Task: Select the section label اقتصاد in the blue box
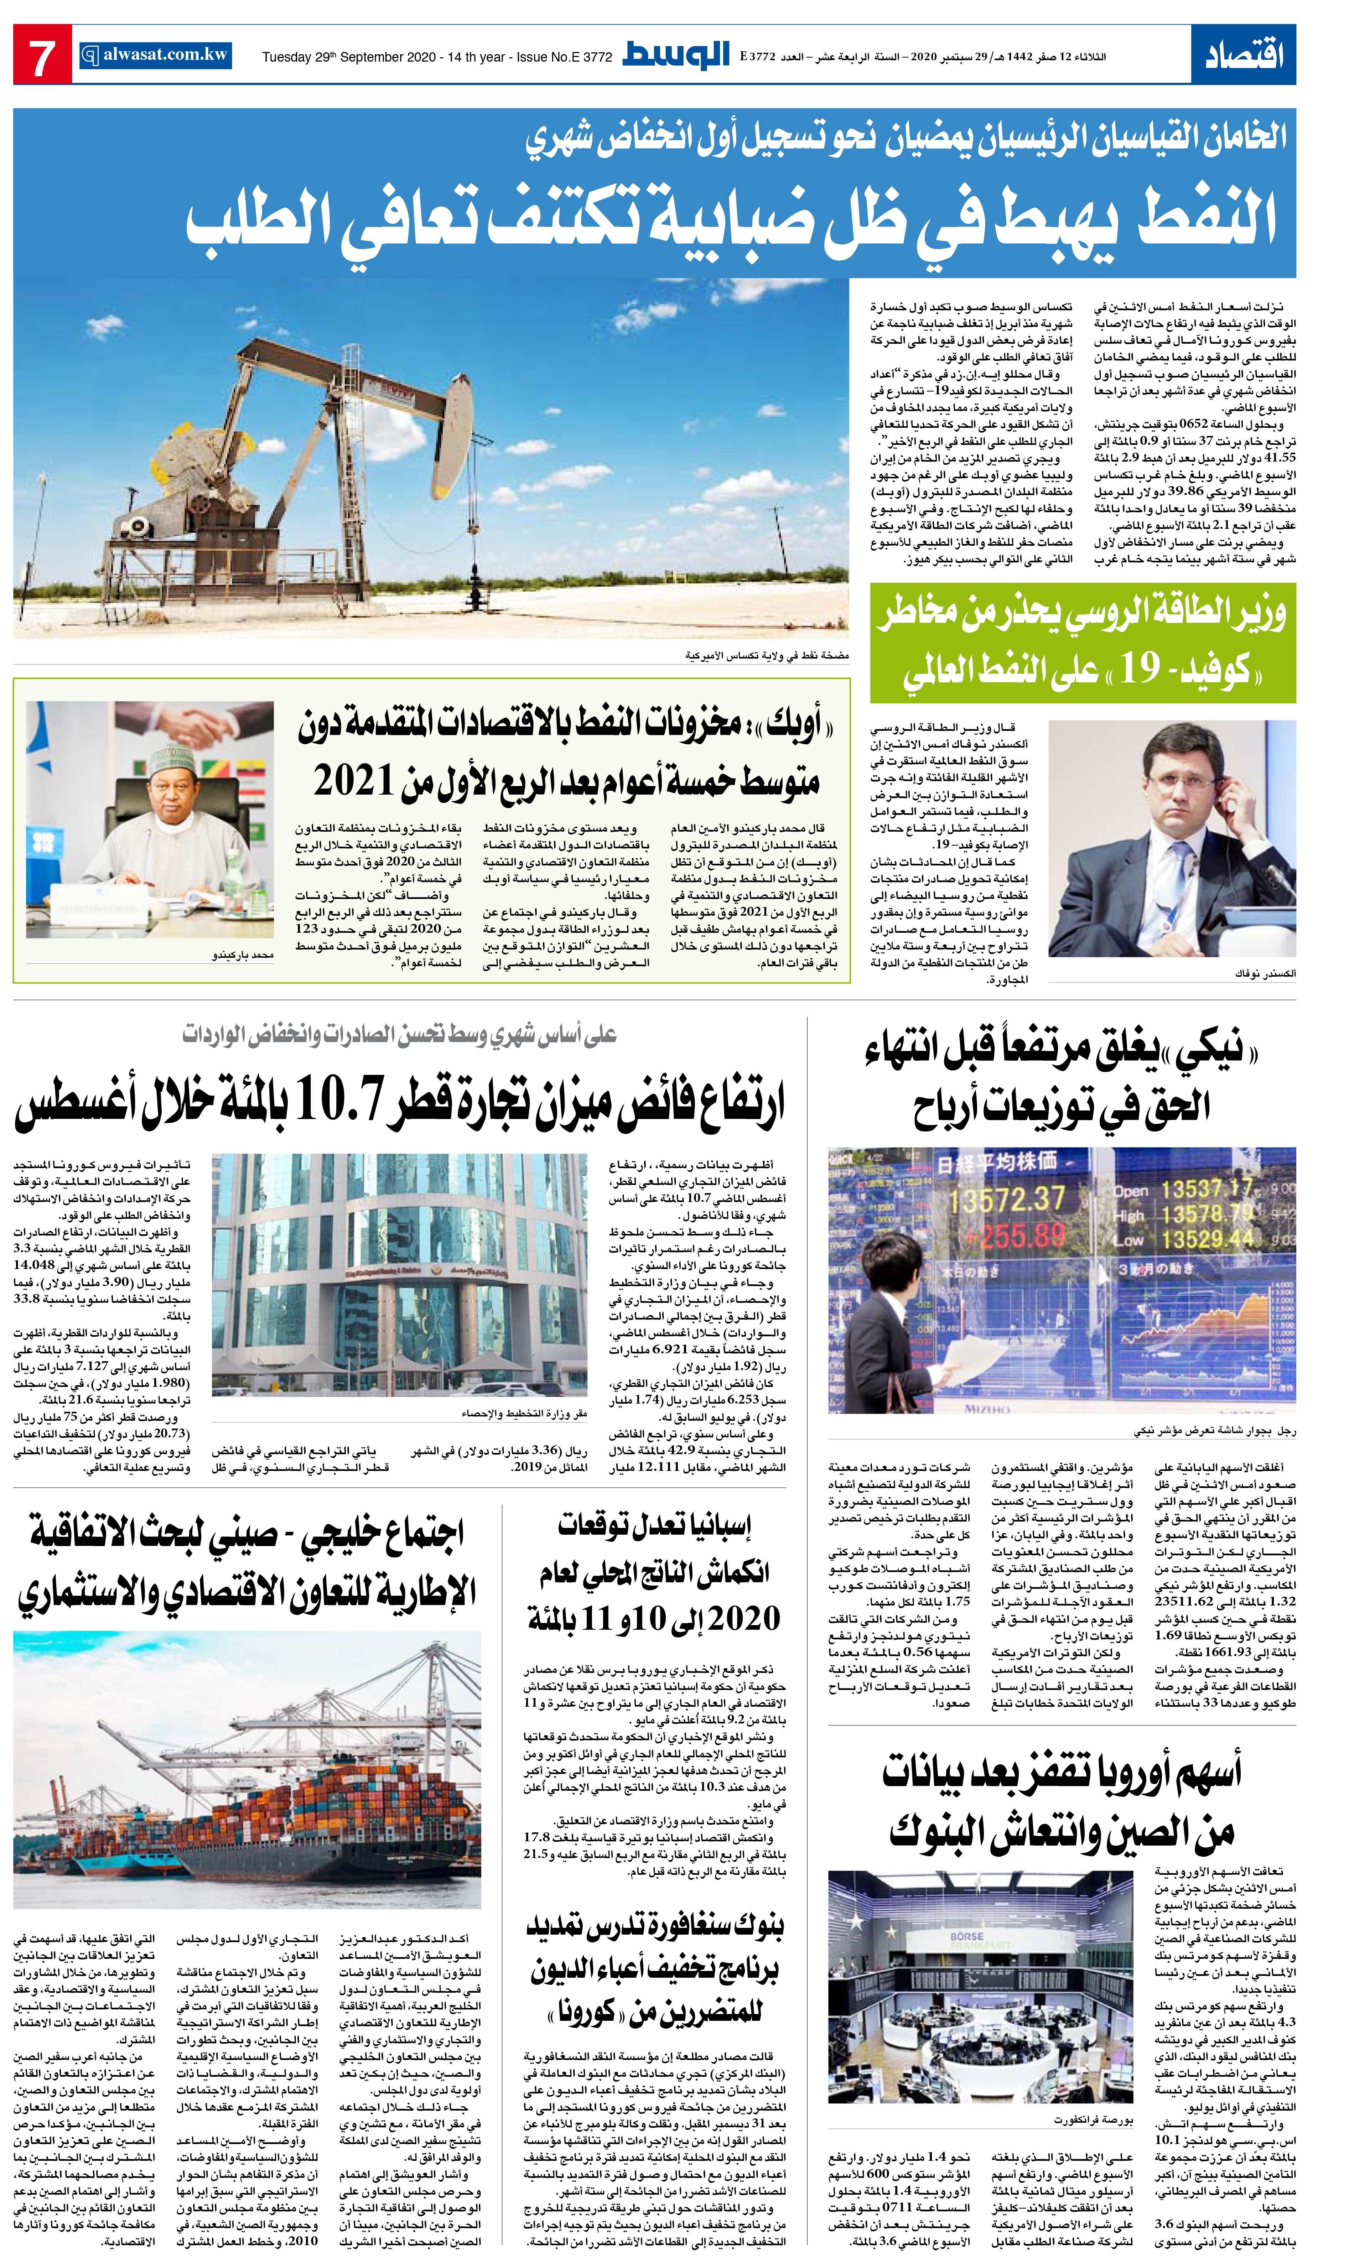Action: click(1244, 54)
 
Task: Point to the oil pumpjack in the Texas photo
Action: click(336, 427)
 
